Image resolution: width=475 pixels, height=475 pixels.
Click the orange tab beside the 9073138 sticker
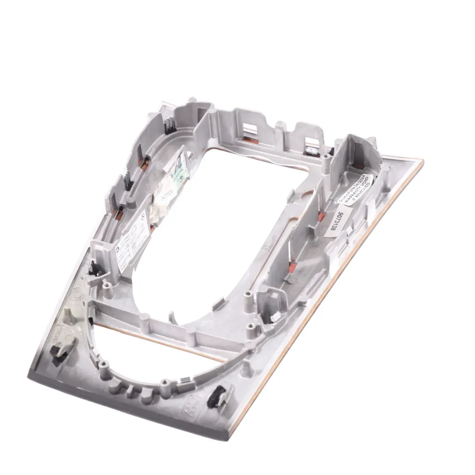[321, 216]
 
